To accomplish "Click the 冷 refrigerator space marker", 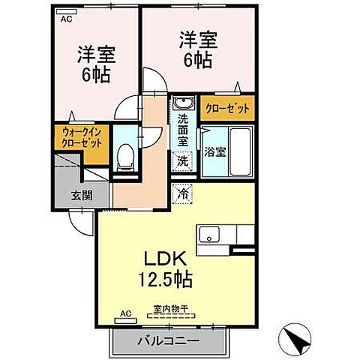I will click(x=182, y=193).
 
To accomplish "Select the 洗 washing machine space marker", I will click(x=182, y=159).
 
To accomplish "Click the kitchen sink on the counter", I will click(x=208, y=232).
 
